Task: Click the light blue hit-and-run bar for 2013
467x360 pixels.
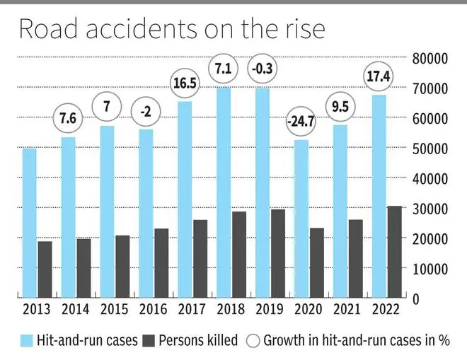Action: [x=30, y=223]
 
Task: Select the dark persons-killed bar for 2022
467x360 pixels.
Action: [x=394, y=252]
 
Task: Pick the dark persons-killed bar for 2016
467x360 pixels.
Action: [x=161, y=262]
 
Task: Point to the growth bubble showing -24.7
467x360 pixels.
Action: [x=301, y=122]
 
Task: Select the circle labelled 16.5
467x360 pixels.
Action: [x=185, y=83]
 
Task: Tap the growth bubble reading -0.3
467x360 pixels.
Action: [x=263, y=69]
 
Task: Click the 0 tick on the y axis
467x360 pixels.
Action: [x=416, y=298]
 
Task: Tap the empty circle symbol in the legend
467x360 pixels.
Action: [x=252, y=340]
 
